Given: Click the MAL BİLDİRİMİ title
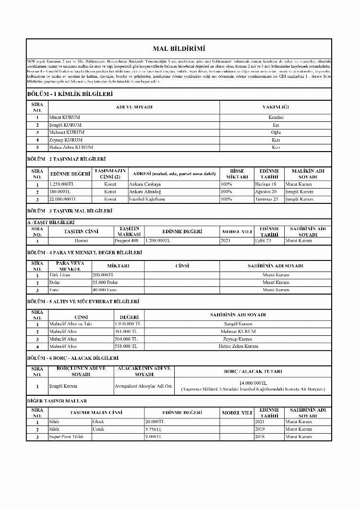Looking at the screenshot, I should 179,48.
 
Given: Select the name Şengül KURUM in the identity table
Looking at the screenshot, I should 65,125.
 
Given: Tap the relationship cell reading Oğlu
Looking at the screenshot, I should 276,132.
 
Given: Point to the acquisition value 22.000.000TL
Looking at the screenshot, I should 63,199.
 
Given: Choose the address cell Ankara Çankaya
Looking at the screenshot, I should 145,184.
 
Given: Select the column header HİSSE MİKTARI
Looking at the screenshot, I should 237,174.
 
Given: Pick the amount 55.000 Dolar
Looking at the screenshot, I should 105,283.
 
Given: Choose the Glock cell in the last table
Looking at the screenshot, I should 98,422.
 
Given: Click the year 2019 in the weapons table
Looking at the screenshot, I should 260,429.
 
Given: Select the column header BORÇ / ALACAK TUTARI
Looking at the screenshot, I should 253,371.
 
